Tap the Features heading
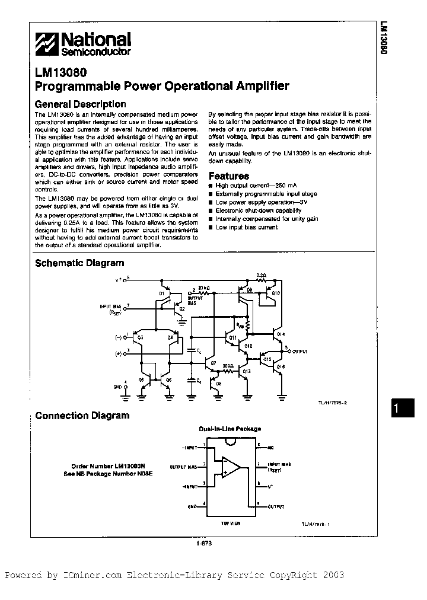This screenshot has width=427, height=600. [x=229, y=176]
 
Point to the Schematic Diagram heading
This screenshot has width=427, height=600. [x=79, y=263]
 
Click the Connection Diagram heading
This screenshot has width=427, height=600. [x=82, y=415]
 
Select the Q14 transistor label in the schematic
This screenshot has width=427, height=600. [x=281, y=334]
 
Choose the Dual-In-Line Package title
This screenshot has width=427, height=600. [x=230, y=429]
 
